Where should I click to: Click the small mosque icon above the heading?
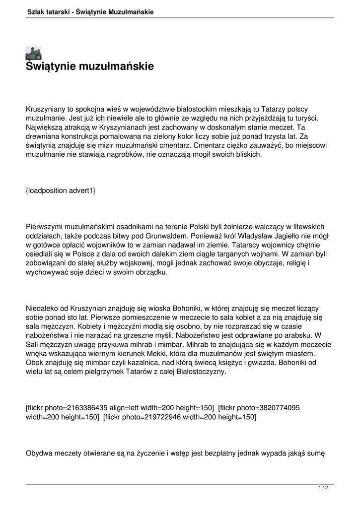(x=33, y=53)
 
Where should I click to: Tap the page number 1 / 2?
(x=323, y=488)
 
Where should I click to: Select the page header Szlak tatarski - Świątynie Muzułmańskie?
(x=90, y=11)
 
